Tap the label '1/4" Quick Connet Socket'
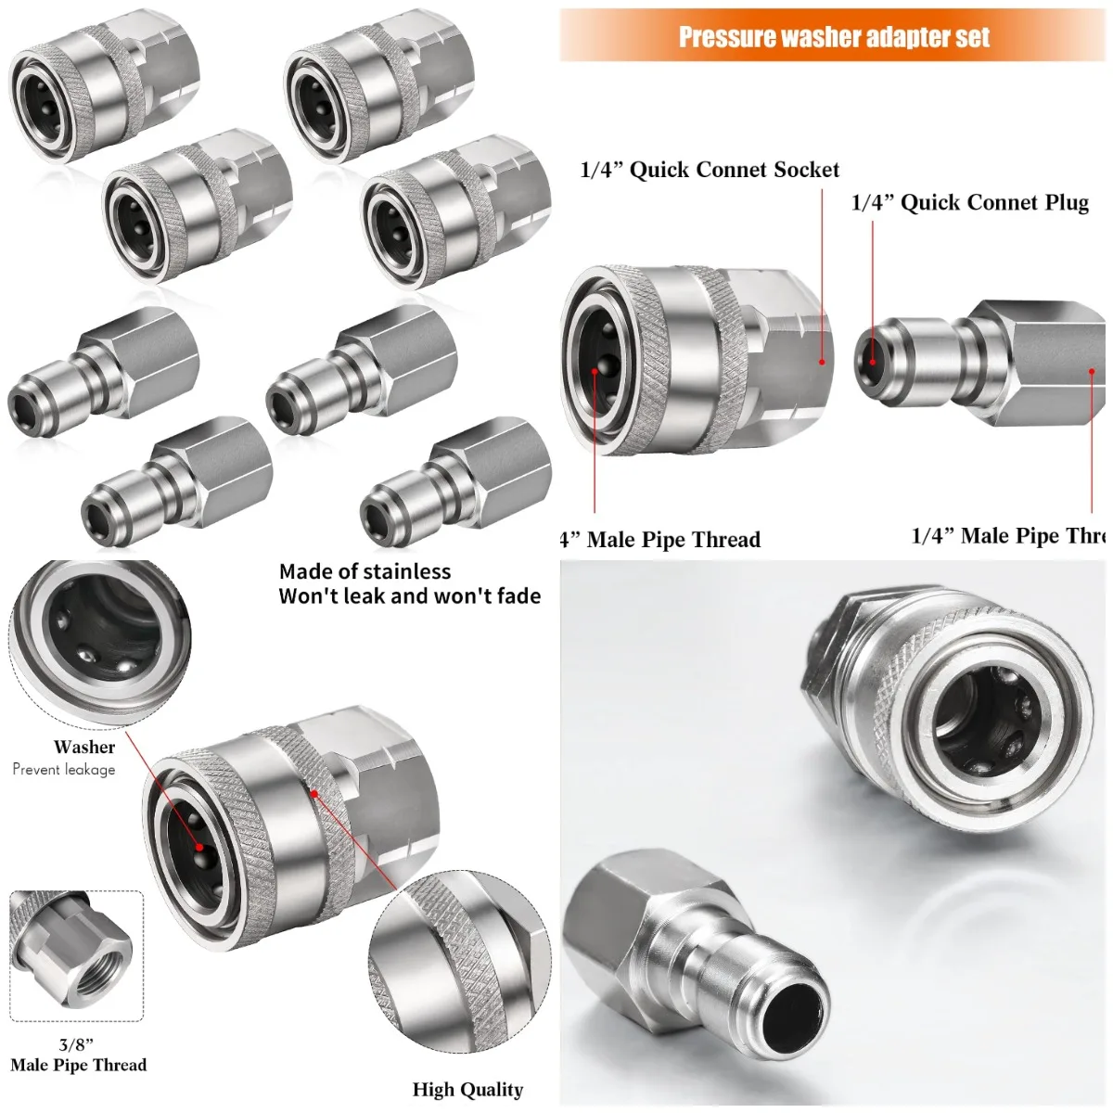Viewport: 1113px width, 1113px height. click(710, 170)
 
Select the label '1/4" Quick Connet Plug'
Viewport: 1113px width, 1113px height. click(969, 203)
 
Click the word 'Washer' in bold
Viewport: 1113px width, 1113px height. click(84, 747)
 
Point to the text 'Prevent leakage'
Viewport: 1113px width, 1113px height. click(64, 769)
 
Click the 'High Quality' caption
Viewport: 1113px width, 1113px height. click(467, 1089)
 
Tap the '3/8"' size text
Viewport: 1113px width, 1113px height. click(76, 1044)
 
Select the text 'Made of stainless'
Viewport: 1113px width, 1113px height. click(365, 571)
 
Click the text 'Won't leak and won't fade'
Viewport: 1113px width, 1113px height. click(410, 595)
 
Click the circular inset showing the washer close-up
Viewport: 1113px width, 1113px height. click(99, 643)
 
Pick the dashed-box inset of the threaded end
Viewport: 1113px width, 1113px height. click(76, 955)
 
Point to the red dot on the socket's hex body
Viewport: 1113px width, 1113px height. click(822, 362)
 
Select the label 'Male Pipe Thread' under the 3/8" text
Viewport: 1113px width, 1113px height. click(79, 1065)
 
